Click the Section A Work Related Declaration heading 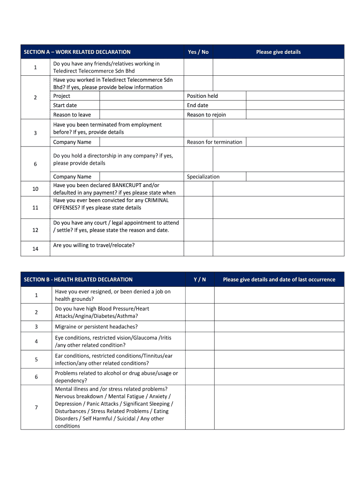[77, 52]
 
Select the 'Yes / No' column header [198, 52]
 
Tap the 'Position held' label [202, 96]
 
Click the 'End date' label [198, 105]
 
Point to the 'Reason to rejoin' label [206, 115]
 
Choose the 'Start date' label [65, 105]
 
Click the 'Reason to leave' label [72, 115]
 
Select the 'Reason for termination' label [215, 142]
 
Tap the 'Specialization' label [203, 177]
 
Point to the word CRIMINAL [157, 200]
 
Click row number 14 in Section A [36, 249]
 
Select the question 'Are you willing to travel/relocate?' [94, 245]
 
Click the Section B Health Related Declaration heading [78, 280]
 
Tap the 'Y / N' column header [200, 280]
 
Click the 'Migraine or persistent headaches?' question [96, 327]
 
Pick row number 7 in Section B [36, 407]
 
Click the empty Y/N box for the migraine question [200, 327]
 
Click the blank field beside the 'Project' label [141, 96]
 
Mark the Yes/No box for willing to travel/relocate [198, 248]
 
